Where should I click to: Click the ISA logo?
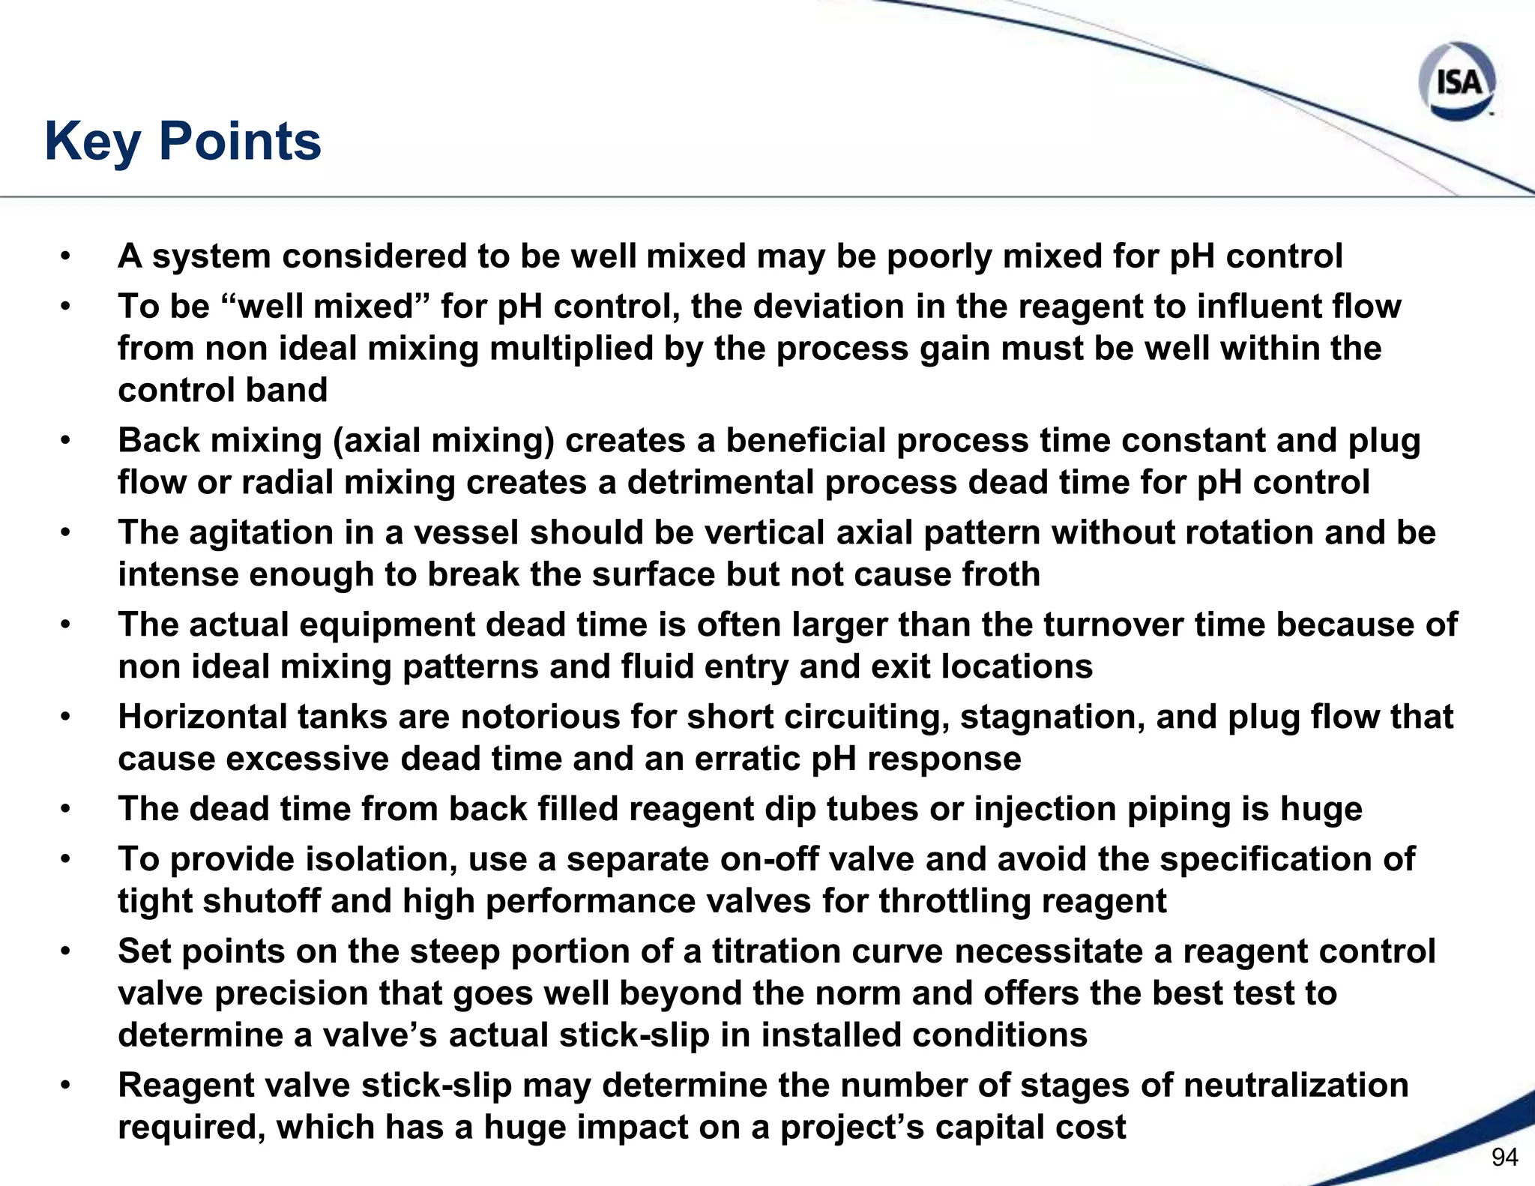pyautogui.click(x=1457, y=82)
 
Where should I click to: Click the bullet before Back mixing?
pyautogui.click(x=66, y=441)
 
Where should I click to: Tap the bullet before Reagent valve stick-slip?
pyautogui.click(x=66, y=1086)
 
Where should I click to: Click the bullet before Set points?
pyautogui.click(x=66, y=951)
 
